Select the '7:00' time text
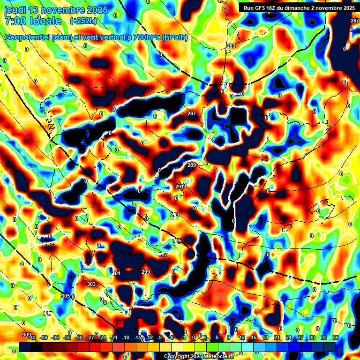[x=14, y=21]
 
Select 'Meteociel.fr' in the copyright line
[x=217, y=357]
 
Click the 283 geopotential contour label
[x=231, y=46]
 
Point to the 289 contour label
[x=192, y=165]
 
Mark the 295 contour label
[x=177, y=240]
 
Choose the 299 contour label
[x=146, y=272]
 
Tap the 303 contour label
[x=91, y=284]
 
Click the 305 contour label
[x=66, y=296]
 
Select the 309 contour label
[x=26, y=335]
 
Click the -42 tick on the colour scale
[x=32, y=337]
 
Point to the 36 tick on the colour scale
[x=336, y=337]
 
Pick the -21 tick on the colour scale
[x=114, y=337]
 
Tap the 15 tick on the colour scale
[x=254, y=337]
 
